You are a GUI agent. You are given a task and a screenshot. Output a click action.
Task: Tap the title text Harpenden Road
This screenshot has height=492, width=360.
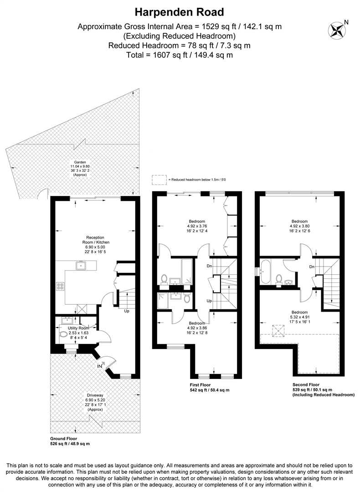click(180, 11)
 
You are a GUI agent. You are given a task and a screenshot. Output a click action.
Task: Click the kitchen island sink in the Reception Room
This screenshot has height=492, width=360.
click(81, 264)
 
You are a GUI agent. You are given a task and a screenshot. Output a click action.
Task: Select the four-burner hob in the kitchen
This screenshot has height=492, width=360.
click(60, 286)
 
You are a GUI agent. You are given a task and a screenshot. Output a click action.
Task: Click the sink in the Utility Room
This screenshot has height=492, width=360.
click(65, 320)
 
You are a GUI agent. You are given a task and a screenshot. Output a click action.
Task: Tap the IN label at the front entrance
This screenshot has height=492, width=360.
click(99, 365)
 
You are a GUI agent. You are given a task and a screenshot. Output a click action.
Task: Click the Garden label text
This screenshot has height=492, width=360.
click(80, 162)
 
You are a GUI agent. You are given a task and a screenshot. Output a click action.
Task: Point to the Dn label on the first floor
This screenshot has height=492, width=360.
click(209, 266)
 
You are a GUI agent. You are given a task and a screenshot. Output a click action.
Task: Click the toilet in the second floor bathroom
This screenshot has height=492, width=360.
click(278, 278)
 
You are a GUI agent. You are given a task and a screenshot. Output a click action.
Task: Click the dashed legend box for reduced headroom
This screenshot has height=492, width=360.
click(159, 180)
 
